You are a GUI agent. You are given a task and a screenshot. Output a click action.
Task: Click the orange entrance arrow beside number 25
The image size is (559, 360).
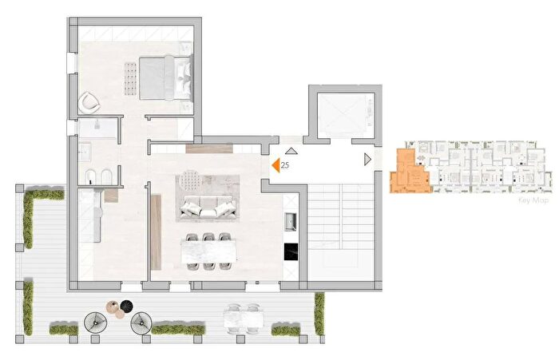pos(276,165)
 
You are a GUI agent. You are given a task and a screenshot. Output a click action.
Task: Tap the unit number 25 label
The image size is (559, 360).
pos(285,165)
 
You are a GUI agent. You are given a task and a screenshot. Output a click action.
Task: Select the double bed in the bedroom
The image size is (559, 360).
pos(166,77)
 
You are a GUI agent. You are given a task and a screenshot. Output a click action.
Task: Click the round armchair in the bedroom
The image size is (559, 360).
pos(89,102)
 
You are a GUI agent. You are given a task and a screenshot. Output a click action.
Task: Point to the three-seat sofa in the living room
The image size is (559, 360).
pos(208,209)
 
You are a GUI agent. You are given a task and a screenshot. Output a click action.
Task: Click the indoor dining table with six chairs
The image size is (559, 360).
pos(208,251)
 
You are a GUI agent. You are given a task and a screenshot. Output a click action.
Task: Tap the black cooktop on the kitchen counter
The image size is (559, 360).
pos(291,251)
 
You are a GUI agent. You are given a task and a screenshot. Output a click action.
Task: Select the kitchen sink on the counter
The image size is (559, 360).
pos(291,221)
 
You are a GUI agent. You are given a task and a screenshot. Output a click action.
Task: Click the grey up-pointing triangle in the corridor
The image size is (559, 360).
pos(291,151)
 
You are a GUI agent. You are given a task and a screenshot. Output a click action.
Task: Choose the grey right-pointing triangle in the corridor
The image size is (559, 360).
pos(367,160)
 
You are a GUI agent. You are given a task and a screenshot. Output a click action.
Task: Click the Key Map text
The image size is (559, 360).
pos(533,200)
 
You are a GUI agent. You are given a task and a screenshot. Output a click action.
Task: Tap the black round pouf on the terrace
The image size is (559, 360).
pos(126,306)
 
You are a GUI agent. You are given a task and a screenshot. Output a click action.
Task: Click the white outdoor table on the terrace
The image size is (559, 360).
pos(244,318)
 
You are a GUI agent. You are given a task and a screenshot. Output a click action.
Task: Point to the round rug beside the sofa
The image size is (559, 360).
pos(190,180)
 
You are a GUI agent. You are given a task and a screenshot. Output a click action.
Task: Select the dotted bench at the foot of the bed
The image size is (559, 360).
pos(131,79)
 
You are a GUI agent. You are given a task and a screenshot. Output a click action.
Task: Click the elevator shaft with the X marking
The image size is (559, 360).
pos(341,115)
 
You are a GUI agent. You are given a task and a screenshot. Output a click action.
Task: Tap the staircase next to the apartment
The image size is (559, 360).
pos(340,231)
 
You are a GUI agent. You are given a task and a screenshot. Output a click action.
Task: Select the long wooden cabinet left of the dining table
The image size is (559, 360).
pos(156,232)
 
